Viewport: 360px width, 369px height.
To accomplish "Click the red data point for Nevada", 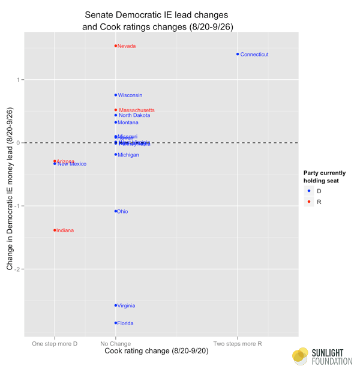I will point(116,46).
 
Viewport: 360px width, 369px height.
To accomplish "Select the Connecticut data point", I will point(238,55).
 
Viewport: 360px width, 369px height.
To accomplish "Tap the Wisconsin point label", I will point(130,95).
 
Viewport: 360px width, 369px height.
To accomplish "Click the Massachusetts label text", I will point(137,110).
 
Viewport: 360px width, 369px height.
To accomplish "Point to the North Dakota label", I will point(134,116).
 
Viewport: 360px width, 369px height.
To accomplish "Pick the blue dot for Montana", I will point(116,123).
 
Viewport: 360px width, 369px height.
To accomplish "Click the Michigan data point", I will point(116,155).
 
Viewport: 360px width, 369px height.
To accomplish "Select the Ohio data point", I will point(116,211).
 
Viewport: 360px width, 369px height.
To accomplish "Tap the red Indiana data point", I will point(55,230).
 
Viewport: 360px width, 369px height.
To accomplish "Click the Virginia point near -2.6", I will point(116,305).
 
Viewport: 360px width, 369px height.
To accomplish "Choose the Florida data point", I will point(116,323).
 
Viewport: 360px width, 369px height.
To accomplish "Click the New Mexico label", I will point(72,164).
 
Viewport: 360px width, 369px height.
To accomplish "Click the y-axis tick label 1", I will point(17,80).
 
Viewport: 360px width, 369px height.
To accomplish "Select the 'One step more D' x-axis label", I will point(55,344).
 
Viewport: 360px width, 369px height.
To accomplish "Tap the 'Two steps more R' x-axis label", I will point(238,344).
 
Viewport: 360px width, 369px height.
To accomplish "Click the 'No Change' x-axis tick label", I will point(116,344).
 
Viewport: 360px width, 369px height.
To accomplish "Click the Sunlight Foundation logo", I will point(322,356).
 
